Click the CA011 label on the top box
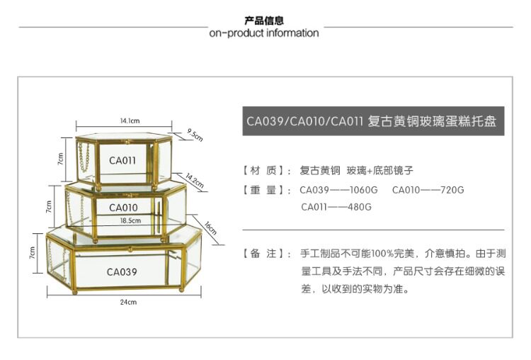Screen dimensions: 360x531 [x=122, y=160]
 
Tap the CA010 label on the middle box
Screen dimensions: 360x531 [x=123, y=208]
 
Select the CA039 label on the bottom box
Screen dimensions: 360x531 [x=122, y=271]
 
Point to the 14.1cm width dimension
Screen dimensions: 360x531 [x=129, y=120]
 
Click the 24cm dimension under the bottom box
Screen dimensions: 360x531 [x=127, y=302]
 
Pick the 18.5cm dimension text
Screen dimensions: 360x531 [x=130, y=220]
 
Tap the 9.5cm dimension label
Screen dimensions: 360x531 [x=195, y=133]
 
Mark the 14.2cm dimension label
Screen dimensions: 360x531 [x=195, y=181]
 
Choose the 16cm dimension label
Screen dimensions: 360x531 [x=210, y=229]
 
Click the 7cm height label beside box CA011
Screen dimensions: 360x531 [x=62, y=158]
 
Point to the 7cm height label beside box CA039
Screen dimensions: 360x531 [x=33, y=252]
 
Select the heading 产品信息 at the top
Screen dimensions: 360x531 [x=264, y=21]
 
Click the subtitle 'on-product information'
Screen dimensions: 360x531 [x=264, y=33]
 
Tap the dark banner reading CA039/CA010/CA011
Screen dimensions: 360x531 [x=372, y=121]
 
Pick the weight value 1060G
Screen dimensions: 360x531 [x=358, y=190]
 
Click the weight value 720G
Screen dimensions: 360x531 [x=449, y=190]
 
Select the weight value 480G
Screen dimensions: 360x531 [x=357, y=207]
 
